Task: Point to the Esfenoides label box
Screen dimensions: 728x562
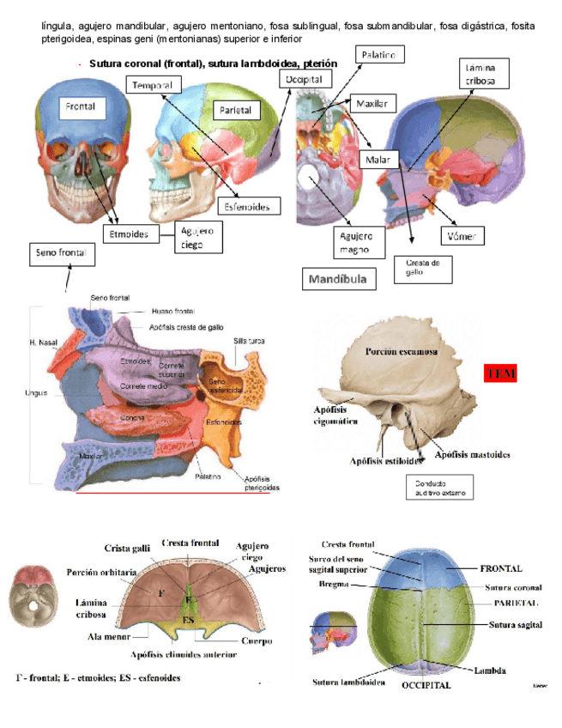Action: pyautogui.click(x=248, y=207)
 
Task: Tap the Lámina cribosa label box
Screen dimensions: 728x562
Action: pyautogui.click(x=486, y=74)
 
